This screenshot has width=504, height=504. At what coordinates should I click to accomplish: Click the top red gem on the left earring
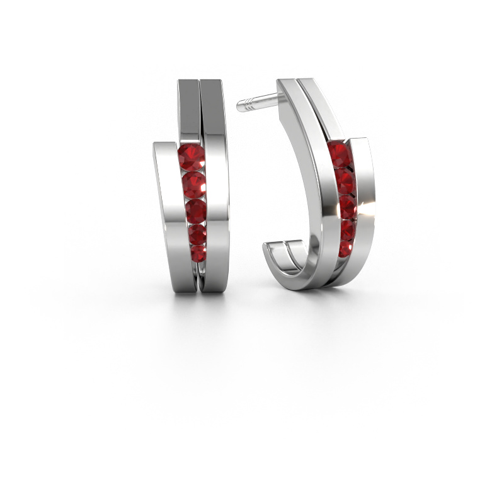coord(191,158)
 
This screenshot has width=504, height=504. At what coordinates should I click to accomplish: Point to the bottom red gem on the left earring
coord(197,254)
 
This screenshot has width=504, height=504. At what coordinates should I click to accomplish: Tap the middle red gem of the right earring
coord(347,207)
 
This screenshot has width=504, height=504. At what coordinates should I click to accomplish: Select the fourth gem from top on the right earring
coord(347,229)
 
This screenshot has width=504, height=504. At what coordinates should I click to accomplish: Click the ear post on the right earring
coord(258,101)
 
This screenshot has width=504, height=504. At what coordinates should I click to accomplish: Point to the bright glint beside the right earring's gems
coord(357,208)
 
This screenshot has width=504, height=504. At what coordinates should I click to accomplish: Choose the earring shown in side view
coord(315,189)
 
